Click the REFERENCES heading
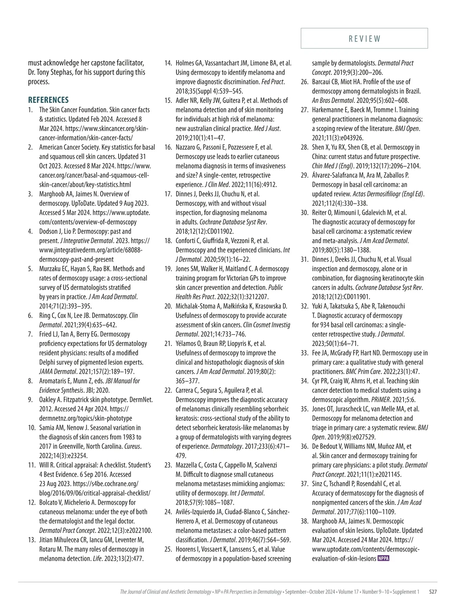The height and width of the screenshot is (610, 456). coord(48,100)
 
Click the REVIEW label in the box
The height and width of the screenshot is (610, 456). coord(364,39)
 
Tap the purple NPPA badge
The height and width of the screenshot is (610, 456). coord(384,558)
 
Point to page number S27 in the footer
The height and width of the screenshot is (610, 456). coord(433,592)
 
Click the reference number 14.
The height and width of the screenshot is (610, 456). coord(168,63)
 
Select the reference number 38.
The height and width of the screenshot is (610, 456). coord(304,521)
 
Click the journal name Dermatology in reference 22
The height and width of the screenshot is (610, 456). coord(226,446)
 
